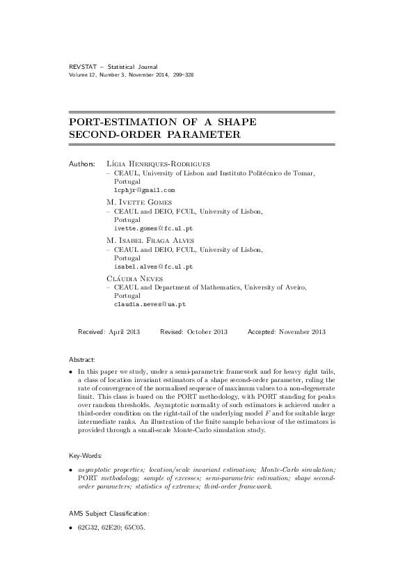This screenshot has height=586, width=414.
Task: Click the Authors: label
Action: (82, 163)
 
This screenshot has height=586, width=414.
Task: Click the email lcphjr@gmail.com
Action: (144, 189)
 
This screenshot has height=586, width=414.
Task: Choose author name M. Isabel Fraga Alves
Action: (150, 240)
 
